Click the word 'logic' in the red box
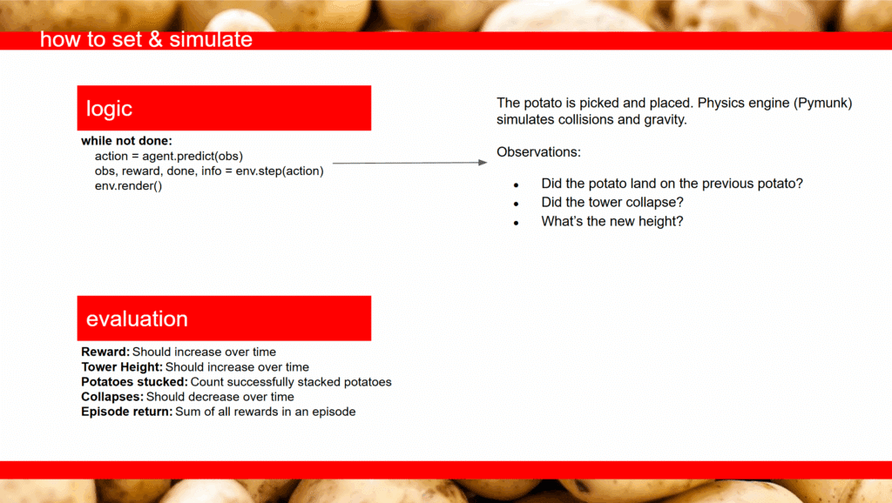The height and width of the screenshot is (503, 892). (x=109, y=109)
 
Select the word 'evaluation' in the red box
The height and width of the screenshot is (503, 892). (x=137, y=319)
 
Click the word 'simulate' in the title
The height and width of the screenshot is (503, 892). (x=211, y=39)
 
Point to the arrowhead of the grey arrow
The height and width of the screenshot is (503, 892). (x=483, y=163)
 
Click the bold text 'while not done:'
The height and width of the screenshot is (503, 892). (x=126, y=141)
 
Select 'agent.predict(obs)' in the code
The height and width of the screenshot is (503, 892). (x=193, y=157)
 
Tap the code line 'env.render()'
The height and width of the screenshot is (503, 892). (x=129, y=186)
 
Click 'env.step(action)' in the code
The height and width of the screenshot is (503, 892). (x=280, y=171)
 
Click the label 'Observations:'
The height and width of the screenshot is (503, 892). (x=538, y=152)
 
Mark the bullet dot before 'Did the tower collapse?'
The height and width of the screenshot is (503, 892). (x=516, y=204)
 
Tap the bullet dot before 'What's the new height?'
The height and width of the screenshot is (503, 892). (x=516, y=223)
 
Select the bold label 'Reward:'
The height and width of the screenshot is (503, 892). (x=105, y=352)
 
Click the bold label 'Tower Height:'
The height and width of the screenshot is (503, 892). (x=122, y=367)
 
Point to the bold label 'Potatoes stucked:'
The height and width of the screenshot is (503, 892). (x=134, y=382)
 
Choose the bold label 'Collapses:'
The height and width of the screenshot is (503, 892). (x=112, y=397)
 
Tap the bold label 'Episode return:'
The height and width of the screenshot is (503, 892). (x=126, y=412)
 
